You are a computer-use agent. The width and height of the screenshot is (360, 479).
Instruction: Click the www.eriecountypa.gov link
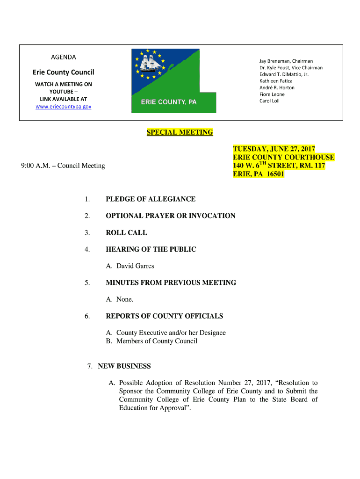pos(64,107)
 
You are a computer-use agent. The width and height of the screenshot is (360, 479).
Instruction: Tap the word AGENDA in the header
pos(63,57)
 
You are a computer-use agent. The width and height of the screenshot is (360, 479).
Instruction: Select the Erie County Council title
pos(63,72)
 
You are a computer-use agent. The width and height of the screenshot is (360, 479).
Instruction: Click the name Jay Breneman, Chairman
pos(286,61)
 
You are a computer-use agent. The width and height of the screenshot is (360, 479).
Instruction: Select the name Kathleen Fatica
pos(276,81)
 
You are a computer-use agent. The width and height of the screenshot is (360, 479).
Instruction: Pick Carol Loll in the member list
pos(269,101)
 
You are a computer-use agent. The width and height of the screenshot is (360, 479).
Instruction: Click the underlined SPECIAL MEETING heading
pos(180,132)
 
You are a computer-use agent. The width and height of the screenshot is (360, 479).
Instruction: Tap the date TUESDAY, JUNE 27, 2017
pos(274,149)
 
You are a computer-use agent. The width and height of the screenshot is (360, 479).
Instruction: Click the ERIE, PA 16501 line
pos(259,174)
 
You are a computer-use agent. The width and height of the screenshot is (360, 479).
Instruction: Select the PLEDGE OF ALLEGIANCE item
pos(151,199)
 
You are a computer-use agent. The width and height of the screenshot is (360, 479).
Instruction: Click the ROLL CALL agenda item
pos(126,232)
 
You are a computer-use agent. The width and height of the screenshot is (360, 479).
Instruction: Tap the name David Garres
pos(135,266)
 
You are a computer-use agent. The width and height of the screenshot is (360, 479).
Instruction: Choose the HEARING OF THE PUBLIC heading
pos(151,249)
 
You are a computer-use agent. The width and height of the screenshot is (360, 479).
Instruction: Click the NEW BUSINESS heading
pos(124,366)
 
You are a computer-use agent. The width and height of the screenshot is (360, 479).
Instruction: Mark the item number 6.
pos(87,316)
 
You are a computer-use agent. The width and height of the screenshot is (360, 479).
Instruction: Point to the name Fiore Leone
pos(272,94)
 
